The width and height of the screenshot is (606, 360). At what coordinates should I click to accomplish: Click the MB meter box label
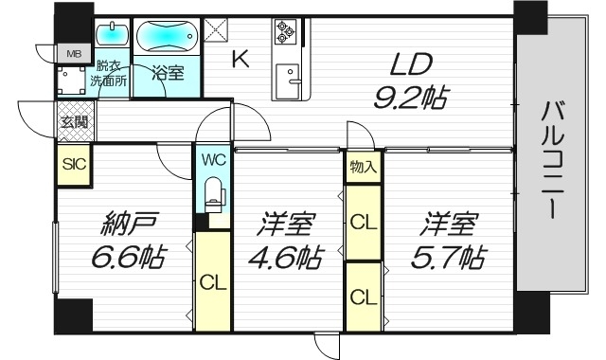point(74,53)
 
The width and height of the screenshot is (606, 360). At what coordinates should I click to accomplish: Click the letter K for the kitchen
point(241,60)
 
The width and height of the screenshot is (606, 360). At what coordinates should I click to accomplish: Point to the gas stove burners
point(285,32)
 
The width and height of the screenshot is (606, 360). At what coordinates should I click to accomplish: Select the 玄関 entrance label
point(74,122)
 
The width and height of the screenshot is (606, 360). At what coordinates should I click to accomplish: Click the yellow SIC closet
point(74,163)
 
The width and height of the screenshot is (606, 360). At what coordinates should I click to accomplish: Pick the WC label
point(212,159)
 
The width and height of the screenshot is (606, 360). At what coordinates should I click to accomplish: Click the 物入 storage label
point(363,168)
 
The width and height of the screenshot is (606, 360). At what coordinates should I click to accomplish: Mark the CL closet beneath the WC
point(212,281)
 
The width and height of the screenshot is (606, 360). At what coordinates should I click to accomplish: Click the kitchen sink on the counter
point(288,75)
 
